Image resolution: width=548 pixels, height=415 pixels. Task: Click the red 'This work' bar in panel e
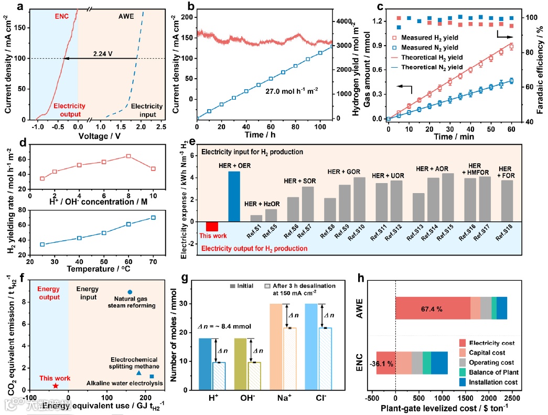click(x=212, y=226)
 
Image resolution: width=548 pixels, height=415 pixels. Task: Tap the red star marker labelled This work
click(x=56, y=386)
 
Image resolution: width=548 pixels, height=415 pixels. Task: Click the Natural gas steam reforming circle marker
click(x=130, y=292)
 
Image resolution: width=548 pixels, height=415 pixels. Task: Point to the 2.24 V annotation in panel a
click(x=103, y=54)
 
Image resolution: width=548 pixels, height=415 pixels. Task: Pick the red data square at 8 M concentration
click(x=128, y=156)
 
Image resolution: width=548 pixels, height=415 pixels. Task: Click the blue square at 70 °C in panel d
click(x=153, y=217)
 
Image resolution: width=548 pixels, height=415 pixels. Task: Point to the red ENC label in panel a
click(x=62, y=16)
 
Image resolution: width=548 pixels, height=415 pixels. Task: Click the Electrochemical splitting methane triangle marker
click(x=138, y=373)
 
